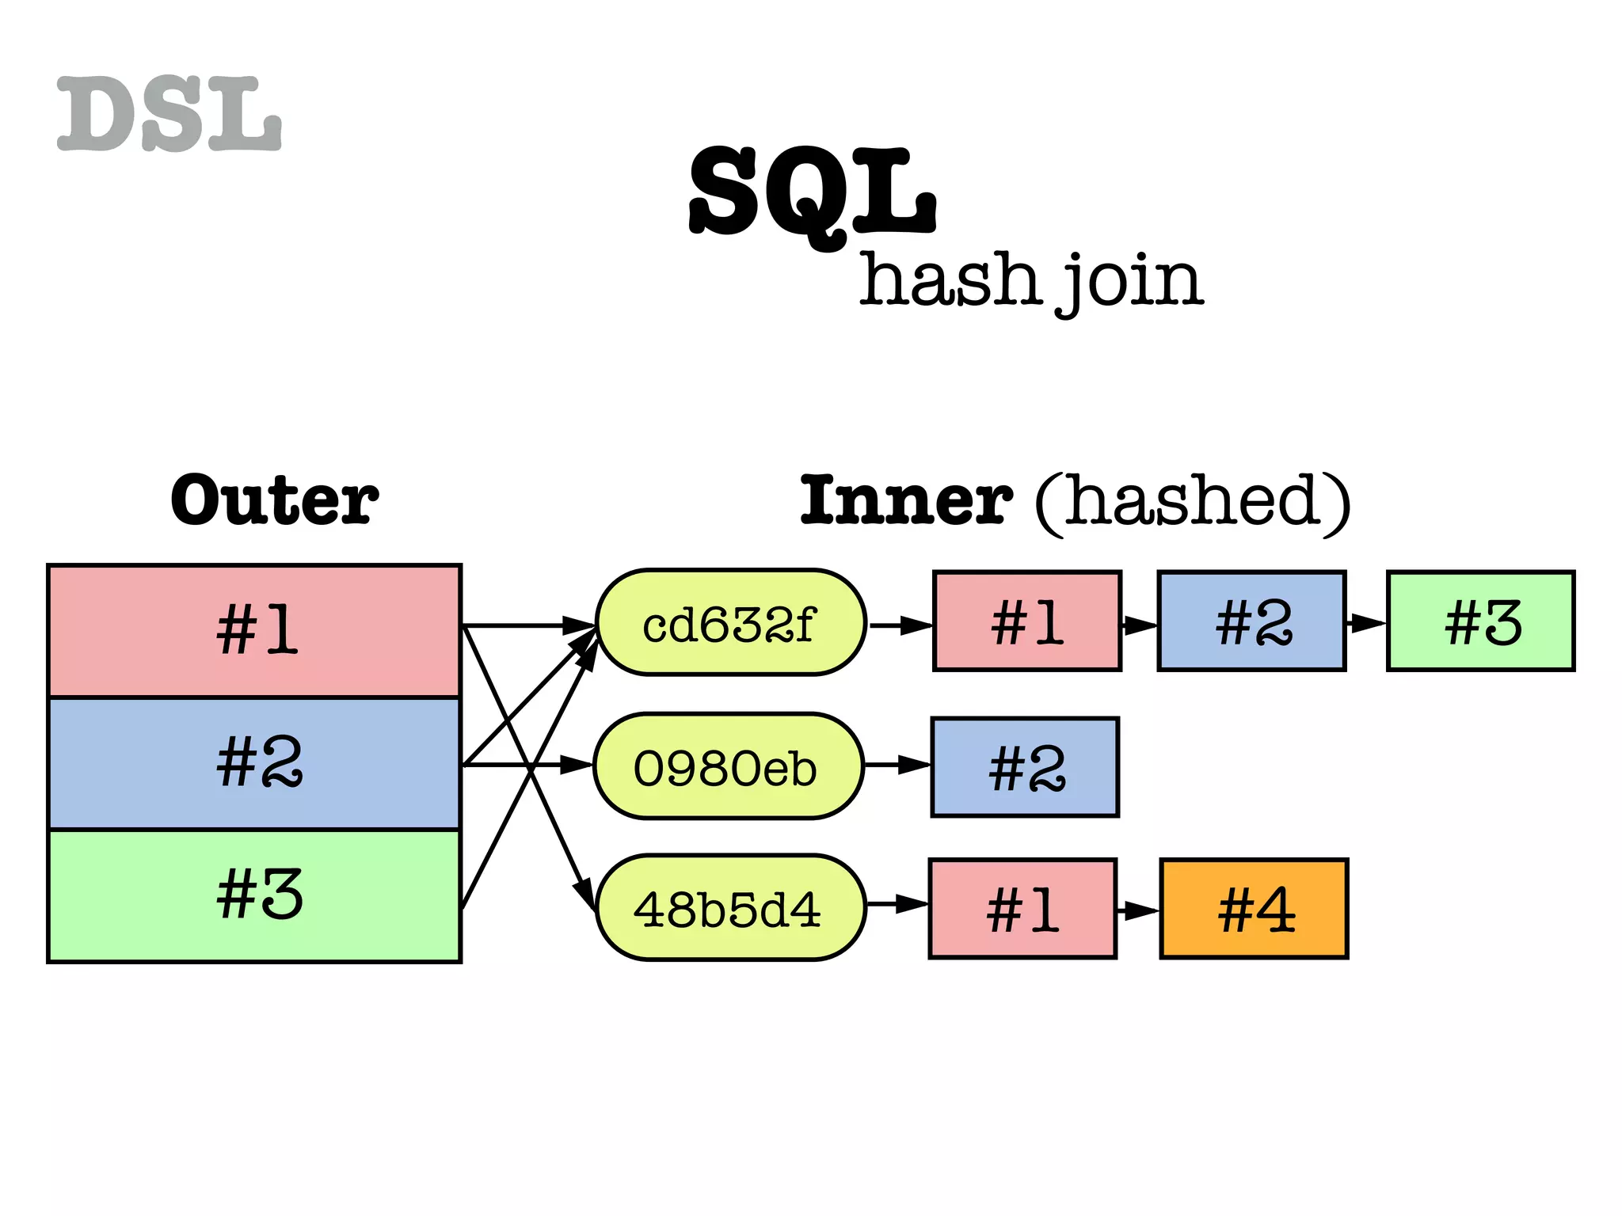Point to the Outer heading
[x=275, y=500]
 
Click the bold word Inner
[x=905, y=500]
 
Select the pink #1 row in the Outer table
[x=254, y=631]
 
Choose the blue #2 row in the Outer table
[x=254, y=763]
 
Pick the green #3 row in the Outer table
[x=254, y=895]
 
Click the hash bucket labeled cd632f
[x=730, y=623]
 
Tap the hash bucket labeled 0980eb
[x=728, y=766]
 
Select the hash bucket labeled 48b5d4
[x=729, y=908]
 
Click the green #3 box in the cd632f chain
[x=1480, y=621]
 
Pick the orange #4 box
[x=1254, y=909]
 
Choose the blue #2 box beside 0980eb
[x=1025, y=767]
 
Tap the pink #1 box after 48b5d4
[x=1022, y=909]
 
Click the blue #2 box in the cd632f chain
[x=1251, y=621]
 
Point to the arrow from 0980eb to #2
[x=897, y=766]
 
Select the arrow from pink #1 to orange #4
[x=1138, y=910]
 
